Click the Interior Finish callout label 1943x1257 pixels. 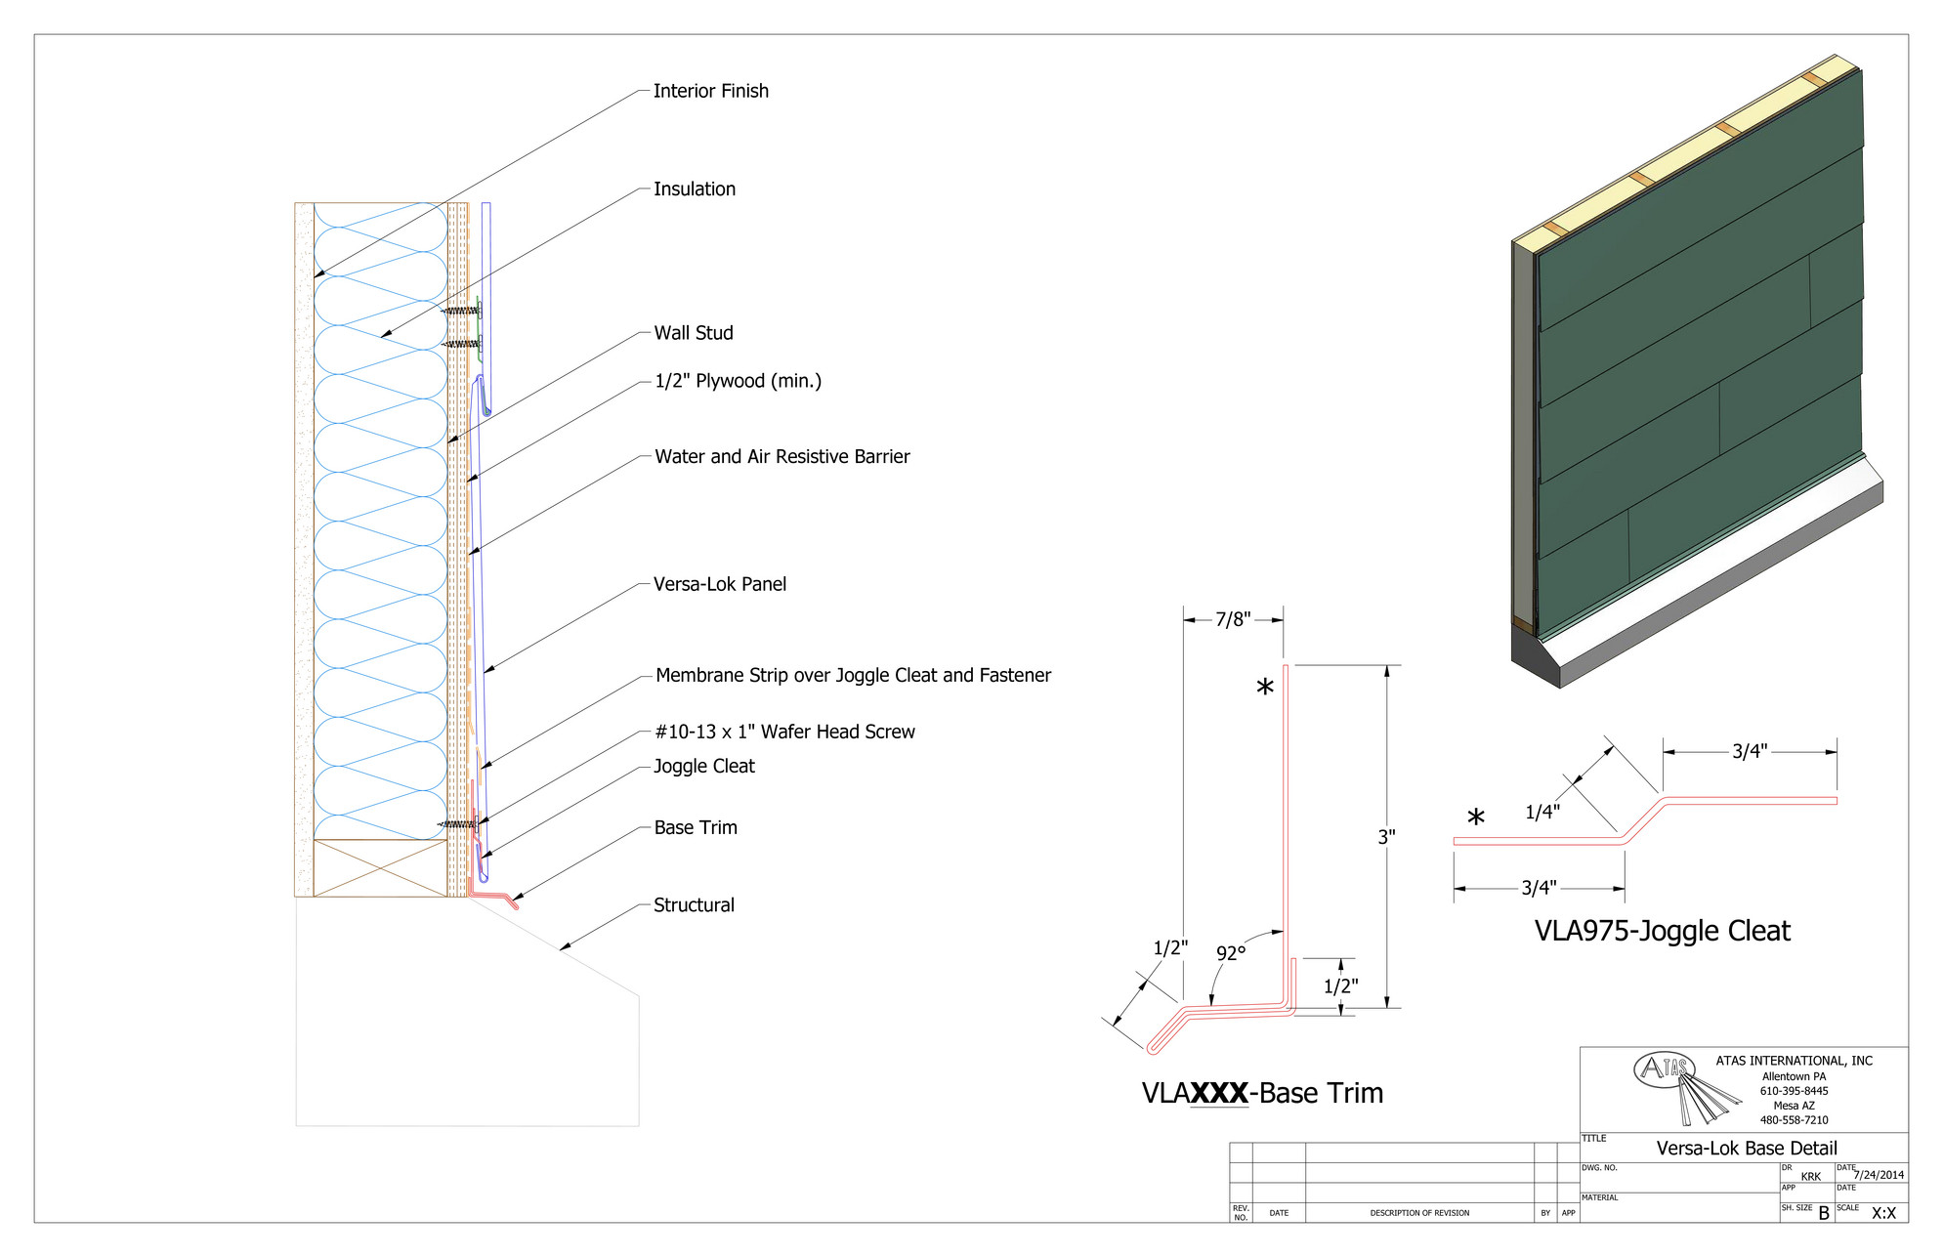point(710,91)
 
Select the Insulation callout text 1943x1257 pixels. point(694,189)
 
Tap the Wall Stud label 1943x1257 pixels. point(693,333)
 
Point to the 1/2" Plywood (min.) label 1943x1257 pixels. point(738,381)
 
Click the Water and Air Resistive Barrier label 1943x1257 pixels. point(781,456)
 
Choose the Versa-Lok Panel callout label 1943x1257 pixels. point(719,584)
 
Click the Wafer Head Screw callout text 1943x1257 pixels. point(784,732)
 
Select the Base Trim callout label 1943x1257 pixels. point(695,827)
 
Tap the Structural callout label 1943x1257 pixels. point(694,904)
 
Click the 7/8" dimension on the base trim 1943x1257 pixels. point(1233,619)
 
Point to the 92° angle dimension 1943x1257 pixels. point(1231,952)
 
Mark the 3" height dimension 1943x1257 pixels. point(1386,837)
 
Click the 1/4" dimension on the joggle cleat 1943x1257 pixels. point(1542,812)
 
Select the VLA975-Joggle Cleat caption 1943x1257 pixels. point(1662,931)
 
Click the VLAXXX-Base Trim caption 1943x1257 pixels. point(1262,1093)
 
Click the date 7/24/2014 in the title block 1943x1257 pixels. point(1879,1175)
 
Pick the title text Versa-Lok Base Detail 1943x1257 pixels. point(1746,1149)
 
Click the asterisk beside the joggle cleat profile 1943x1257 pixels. point(1476,817)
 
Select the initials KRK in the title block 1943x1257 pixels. point(1810,1177)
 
